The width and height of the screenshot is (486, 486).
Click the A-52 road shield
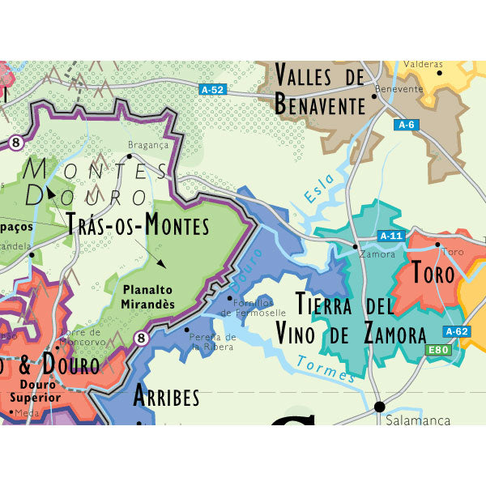pos(211,90)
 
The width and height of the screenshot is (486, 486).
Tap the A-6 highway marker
pos(406,125)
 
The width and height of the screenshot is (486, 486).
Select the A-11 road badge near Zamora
pos(390,236)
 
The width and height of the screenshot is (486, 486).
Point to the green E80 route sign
pos(437,350)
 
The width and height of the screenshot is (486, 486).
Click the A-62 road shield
pos(457,331)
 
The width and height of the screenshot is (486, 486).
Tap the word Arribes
pos(165,397)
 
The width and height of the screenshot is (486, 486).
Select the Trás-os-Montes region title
pos(138,224)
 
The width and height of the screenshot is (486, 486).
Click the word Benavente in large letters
pos(321,104)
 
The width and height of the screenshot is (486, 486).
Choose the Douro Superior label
pos(32,391)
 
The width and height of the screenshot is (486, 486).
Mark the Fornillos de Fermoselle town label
pos(258,307)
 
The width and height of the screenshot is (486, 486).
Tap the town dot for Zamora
pos(355,245)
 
